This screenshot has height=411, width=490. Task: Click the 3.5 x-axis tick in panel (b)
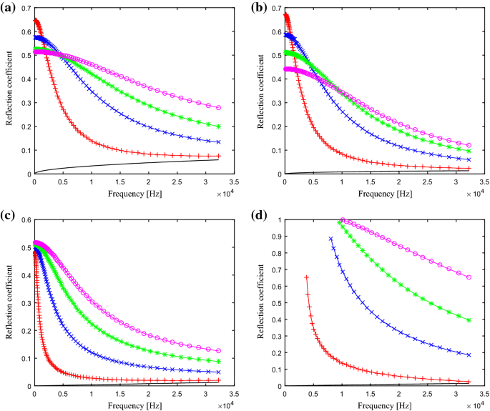click(x=484, y=182)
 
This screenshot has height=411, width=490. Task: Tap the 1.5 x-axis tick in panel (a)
click(x=119, y=182)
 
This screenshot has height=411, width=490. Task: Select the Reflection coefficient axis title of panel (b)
click(x=259, y=89)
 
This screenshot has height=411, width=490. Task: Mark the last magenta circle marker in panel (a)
click(x=219, y=107)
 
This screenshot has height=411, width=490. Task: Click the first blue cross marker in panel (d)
click(x=330, y=239)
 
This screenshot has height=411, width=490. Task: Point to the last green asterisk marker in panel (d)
click(x=469, y=320)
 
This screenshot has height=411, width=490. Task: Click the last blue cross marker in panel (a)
click(x=219, y=142)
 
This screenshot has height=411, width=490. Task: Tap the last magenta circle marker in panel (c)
click(x=219, y=351)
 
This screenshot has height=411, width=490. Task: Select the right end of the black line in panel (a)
click(x=219, y=159)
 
